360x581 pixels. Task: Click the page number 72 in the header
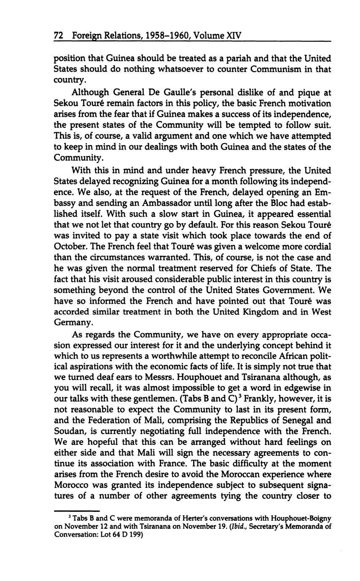pos(59,36)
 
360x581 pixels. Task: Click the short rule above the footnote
pos(77,509)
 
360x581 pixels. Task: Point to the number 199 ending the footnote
pos(135,535)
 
